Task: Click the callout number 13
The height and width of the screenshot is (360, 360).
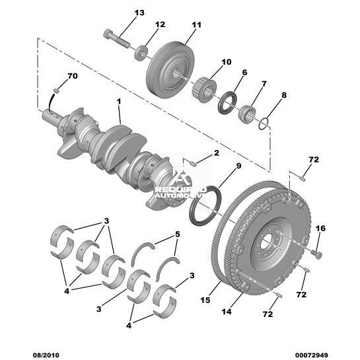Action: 139,13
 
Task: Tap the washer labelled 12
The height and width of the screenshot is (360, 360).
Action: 141,54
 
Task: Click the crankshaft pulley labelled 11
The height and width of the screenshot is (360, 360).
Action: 170,70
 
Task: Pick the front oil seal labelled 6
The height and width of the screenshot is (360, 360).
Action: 227,102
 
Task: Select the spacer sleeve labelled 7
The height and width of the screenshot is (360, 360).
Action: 247,114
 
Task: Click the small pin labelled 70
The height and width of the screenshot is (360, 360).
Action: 57,91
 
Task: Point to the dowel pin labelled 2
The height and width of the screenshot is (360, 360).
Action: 193,164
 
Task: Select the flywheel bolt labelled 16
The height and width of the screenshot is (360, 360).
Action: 317,254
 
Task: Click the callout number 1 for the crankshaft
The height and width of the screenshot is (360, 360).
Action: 119,101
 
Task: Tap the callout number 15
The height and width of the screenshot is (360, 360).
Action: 205,300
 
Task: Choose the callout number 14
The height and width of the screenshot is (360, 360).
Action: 227,312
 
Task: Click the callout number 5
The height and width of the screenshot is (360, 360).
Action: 178,234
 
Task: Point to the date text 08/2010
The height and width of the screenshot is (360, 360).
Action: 45,355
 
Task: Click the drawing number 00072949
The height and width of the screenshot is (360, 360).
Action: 311,355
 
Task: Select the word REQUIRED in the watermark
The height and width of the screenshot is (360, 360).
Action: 181,190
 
